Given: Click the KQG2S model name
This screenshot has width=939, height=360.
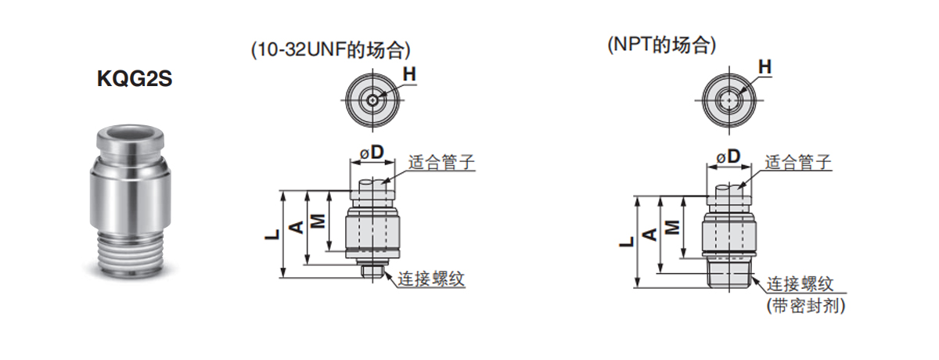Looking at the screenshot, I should click(134, 79).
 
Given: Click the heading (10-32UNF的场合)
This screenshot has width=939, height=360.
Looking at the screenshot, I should click(331, 50).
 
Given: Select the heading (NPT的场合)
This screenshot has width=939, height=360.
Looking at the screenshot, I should click(662, 45).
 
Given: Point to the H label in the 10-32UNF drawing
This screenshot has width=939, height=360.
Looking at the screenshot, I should click(409, 74).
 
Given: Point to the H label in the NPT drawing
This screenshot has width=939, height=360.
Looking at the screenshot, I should click(765, 67).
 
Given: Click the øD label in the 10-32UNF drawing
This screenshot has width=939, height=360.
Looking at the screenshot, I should click(372, 153).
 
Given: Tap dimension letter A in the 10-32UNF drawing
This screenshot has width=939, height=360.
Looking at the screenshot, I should click(297, 227).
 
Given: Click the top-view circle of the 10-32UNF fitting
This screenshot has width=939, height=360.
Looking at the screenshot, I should click(373, 99).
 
